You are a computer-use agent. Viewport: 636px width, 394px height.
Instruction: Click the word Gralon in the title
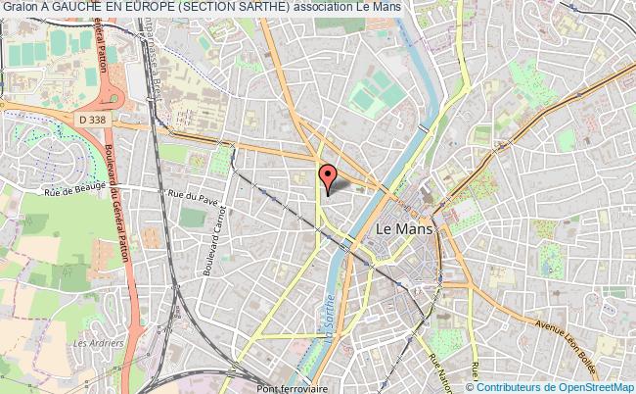click(21, 8)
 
